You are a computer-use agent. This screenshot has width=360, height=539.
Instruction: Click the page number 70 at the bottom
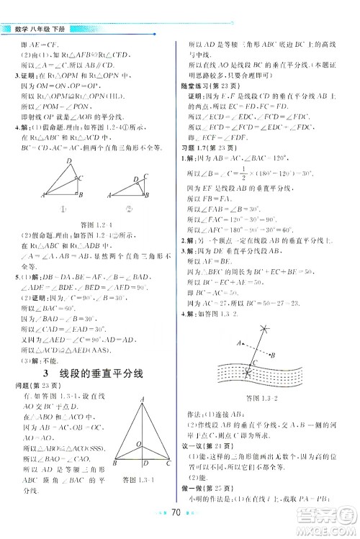click(181, 515)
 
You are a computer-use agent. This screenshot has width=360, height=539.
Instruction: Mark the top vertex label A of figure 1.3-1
click(143, 400)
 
